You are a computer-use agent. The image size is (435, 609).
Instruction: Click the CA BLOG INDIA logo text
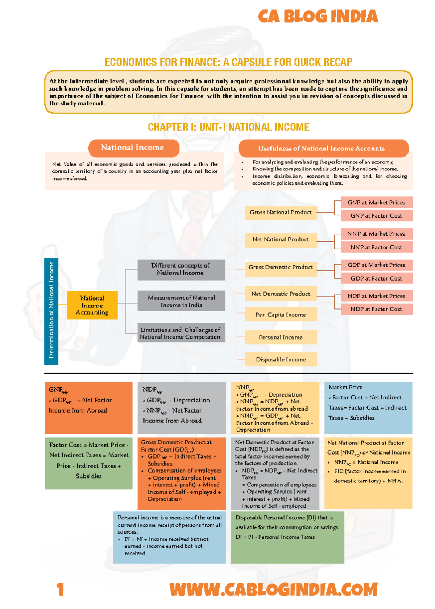[x=318, y=17]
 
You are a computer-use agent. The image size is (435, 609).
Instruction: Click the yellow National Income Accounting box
[x=92, y=305]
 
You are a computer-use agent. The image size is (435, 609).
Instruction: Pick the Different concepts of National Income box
[x=181, y=269]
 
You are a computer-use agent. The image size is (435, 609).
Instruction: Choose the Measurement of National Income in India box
[x=181, y=301]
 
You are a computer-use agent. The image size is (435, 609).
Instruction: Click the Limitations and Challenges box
[x=181, y=333]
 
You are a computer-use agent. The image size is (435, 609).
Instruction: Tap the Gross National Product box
[x=281, y=212]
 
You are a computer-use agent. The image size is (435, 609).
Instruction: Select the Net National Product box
[x=281, y=240]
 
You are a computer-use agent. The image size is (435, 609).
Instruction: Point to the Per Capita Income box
[x=281, y=315]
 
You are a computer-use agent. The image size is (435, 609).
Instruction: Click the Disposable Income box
[x=281, y=359]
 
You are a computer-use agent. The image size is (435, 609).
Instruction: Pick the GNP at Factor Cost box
[x=377, y=216]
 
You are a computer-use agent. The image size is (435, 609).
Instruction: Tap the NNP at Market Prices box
[x=377, y=234]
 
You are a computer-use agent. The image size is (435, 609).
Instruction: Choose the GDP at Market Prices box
[x=377, y=265]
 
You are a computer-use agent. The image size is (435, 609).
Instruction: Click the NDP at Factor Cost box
[x=377, y=309]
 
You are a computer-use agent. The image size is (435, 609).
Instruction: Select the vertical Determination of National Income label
[x=51, y=311]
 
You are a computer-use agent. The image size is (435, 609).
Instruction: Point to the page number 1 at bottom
[x=60, y=589]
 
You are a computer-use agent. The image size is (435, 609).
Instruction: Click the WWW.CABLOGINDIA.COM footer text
[x=274, y=589]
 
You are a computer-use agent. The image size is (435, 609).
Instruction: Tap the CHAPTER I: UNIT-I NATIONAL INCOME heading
[x=228, y=127]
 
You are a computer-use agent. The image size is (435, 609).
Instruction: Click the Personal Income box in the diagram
[x=281, y=337]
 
